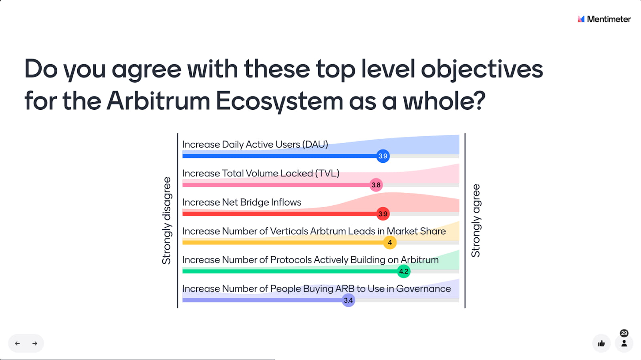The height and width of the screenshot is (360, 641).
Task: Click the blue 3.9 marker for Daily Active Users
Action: pyautogui.click(x=383, y=156)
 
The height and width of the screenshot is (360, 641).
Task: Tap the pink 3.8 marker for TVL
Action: pyautogui.click(x=376, y=185)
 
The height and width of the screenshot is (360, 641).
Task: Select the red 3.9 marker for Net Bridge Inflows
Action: pyautogui.click(x=383, y=214)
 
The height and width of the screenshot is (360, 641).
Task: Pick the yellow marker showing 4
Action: pyautogui.click(x=390, y=243)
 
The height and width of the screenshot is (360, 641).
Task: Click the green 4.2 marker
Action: pyautogui.click(x=404, y=271)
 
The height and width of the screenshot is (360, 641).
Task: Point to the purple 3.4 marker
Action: pyautogui.click(x=348, y=300)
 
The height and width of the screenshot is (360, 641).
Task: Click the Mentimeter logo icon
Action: pyautogui.click(x=581, y=19)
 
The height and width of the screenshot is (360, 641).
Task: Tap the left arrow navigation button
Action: pyautogui.click(x=18, y=343)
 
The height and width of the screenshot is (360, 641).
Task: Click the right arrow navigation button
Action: pyautogui.click(x=34, y=343)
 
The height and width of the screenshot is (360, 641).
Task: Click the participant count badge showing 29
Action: pyautogui.click(x=624, y=333)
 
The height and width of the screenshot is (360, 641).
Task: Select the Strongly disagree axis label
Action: pyautogui.click(x=167, y=220)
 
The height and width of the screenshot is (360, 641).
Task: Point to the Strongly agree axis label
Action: pyautogui.click(x=476, y=220)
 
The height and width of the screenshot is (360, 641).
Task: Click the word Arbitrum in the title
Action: pyautogui.click(x=158, y=101)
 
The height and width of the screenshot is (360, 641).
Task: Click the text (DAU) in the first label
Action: pyautogui.click(x=315, y=144)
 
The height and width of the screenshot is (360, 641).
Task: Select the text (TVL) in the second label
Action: pyautogui.click(x=327, y=173)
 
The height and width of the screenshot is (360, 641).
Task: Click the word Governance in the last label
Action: pyautogui.click(x=423, y=289)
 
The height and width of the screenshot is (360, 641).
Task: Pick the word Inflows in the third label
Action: pyautogui.click(x=286, y=202)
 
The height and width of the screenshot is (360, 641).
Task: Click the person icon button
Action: pyautogui.click(x=624, y=343)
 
